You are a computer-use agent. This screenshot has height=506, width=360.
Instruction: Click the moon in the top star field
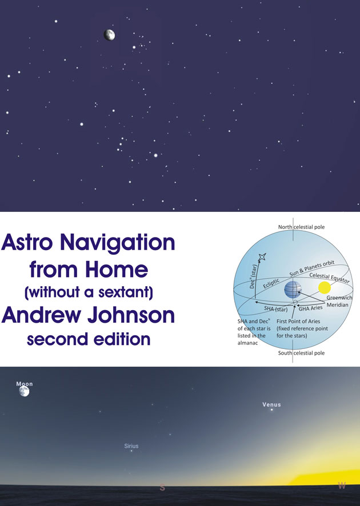tap(109, 35)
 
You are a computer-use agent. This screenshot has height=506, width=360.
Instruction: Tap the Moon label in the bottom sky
tap(25, 384)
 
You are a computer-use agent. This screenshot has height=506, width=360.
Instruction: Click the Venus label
tap(271, 404)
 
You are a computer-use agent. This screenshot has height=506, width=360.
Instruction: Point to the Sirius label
tap(131, 446)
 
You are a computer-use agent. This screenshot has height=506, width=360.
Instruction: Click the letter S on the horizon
tap(162, 488)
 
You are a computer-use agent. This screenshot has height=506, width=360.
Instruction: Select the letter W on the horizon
tap(342, 485)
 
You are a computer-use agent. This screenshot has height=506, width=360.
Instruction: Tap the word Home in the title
tap(117, 270)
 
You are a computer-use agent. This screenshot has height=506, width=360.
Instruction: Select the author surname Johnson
tap(131, 315)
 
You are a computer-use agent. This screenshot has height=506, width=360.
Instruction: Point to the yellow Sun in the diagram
tap(325, 287)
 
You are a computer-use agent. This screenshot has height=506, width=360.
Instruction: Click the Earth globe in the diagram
tap(293, 290)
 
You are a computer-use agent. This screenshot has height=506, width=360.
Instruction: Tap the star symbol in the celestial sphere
tap(262, 256)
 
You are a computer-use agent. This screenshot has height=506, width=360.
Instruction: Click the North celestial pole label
tap(302, 227)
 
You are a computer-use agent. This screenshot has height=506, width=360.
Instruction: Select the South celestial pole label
tap(302, 353)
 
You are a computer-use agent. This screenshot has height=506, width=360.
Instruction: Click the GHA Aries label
tap(311, 308)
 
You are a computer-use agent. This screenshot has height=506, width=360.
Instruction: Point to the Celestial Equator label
tap(329, 278)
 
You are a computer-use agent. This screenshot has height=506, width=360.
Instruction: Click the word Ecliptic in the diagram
tap(271, 283)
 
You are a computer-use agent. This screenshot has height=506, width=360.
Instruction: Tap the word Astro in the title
tap(27, 243)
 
